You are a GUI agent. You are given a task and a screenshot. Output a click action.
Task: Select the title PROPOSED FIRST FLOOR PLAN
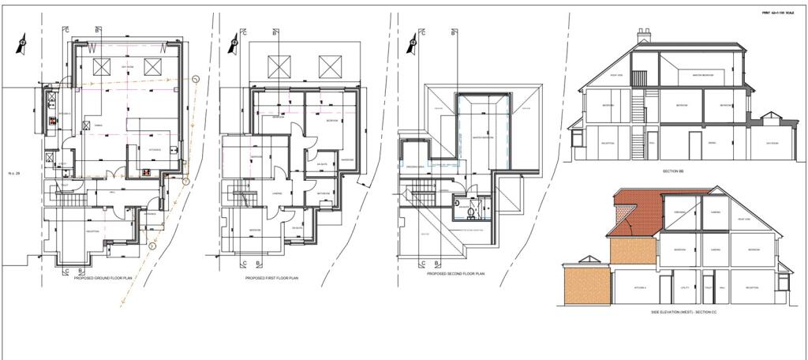(272, 278)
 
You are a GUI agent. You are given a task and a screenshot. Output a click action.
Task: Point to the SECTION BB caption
(673, 170)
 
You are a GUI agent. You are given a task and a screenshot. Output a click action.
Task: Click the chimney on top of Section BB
(643, 36)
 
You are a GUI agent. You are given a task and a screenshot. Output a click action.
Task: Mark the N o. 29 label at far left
(13, 173)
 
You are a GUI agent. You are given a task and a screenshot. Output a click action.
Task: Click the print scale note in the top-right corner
(777, 13)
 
